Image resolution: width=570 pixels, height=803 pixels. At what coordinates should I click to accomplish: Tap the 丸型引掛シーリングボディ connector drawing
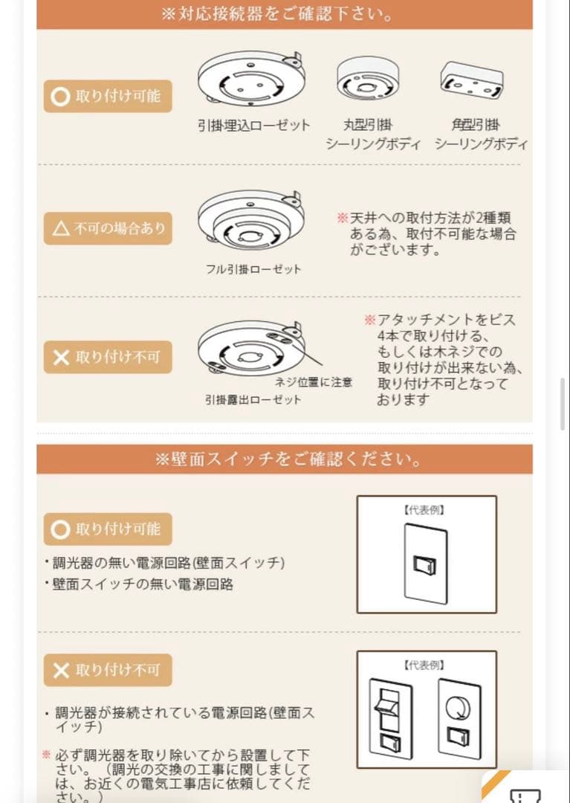click(x=372, y=78)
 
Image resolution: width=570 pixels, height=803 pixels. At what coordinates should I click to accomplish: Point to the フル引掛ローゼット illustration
click(x=252, y=221)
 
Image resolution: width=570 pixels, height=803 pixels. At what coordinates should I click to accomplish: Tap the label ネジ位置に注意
click(x=314, y=382)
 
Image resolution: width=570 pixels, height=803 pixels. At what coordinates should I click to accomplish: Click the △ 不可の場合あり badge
click(x=108, y=228)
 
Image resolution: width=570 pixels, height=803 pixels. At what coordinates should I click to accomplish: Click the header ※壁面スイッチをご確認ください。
click(x=285, y=459)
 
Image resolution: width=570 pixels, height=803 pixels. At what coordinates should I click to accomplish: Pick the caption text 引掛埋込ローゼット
click(x=253, y=126)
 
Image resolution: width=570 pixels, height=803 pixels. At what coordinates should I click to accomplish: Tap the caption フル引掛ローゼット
click(x=253, y=269)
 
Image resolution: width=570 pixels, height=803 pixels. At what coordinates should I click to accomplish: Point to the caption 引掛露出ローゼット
click(x=253, y=399)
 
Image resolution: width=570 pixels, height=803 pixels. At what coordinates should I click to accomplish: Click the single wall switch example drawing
click(x=426, y=563)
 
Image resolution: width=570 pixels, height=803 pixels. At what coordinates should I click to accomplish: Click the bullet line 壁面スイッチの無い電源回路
click(x=143, y=584)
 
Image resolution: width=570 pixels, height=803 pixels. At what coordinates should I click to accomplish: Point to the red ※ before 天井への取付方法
click(x=342, y=219)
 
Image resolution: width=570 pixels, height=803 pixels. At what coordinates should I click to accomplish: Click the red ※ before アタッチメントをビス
click(x=369, y=320)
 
